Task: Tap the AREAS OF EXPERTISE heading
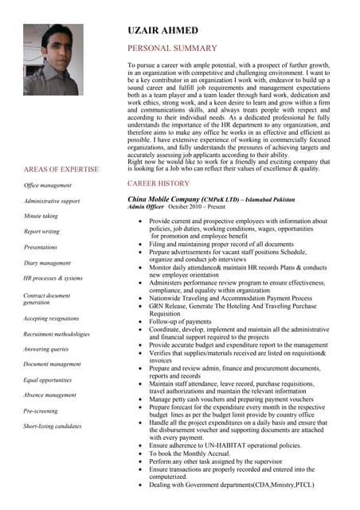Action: tap(61, 170)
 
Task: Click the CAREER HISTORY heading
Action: tap(158, 183)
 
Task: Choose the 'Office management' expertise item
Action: tap(48, 186)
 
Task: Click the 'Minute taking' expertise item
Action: tap(41, 216)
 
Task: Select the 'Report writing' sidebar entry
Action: tap(41, 231)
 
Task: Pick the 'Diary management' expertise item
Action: tap(47, 262)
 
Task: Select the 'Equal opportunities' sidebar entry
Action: tap(48, 380)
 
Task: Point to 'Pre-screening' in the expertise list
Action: tap(41, 410)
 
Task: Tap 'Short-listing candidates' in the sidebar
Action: tap(53, 426)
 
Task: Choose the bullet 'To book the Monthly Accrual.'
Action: tap(190, 453)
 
